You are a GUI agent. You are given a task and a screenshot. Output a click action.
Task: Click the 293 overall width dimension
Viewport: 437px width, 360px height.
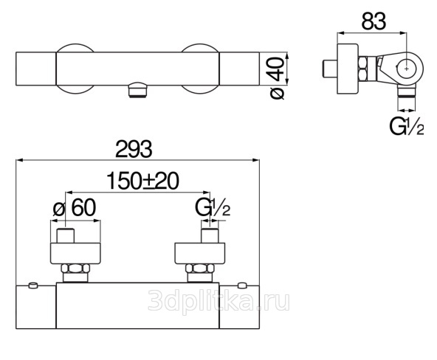(x=134, y=149)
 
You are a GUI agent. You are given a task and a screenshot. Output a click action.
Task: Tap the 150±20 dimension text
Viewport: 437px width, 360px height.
(x=142, y=181)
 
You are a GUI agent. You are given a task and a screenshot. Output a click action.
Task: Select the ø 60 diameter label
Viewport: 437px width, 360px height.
(x=75, y=208)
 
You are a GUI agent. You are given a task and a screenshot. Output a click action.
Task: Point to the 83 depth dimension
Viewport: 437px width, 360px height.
(x=374, y=21)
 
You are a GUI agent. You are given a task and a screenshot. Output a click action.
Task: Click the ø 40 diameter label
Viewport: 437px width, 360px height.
(x=278, y=78)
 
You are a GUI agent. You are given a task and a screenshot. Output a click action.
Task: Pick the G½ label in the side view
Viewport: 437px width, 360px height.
(x=407, y=126)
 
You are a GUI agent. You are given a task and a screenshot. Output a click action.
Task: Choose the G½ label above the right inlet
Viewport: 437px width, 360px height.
(x=213, y=208)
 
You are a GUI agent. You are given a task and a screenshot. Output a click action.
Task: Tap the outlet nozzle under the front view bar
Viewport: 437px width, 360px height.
(x=137, y=90)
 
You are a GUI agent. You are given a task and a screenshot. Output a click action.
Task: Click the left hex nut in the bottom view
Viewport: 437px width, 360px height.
(x=75, y=269)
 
